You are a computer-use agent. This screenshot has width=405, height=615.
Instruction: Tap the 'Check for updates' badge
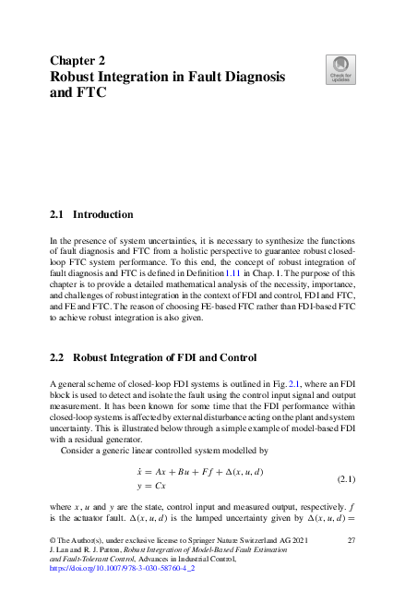click(x=339, y=67)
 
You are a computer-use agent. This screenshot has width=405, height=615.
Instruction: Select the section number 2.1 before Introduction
click(x=56, y=214)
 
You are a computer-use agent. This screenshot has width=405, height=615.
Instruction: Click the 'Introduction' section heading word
click(x=102, y=214)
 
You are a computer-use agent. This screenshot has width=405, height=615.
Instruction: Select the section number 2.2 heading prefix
click(x=56, y=357)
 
